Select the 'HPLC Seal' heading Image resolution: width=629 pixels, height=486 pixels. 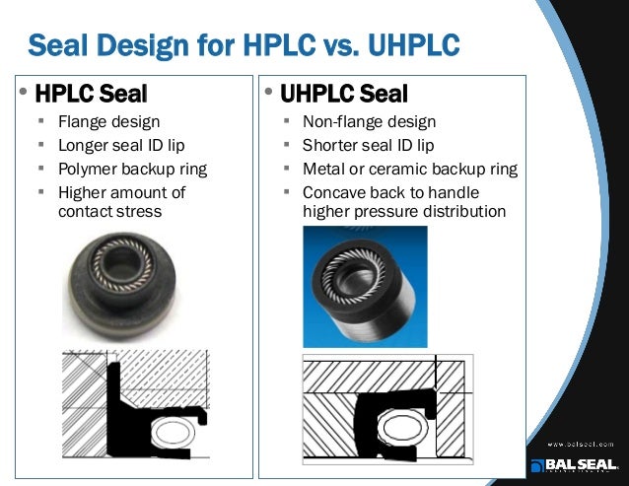coord(90,95)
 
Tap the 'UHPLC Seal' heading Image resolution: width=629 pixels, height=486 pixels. coord(343,95)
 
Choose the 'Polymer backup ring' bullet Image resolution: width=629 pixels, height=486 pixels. coord(132,169)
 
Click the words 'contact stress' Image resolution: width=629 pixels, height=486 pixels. coord(110,210)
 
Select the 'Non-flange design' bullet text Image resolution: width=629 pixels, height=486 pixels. coord(369,123)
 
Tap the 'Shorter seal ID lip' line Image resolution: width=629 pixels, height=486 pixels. coord(368,146)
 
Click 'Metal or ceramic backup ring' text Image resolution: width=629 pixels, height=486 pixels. coord(409,169)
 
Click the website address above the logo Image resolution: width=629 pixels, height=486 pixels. coord(582,444)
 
